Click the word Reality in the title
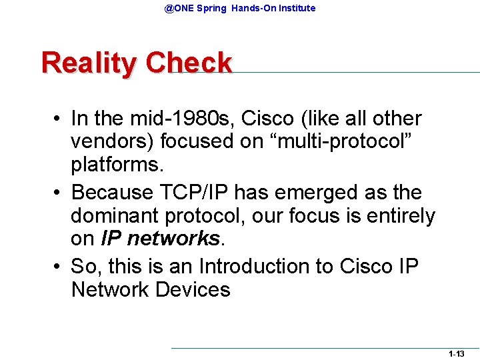pos(89,64)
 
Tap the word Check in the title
pos(189,63)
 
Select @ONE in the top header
pos(180,9)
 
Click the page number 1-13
pos(456,354)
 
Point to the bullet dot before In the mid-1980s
pos(59,119)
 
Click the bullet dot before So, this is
pos(59,266)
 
